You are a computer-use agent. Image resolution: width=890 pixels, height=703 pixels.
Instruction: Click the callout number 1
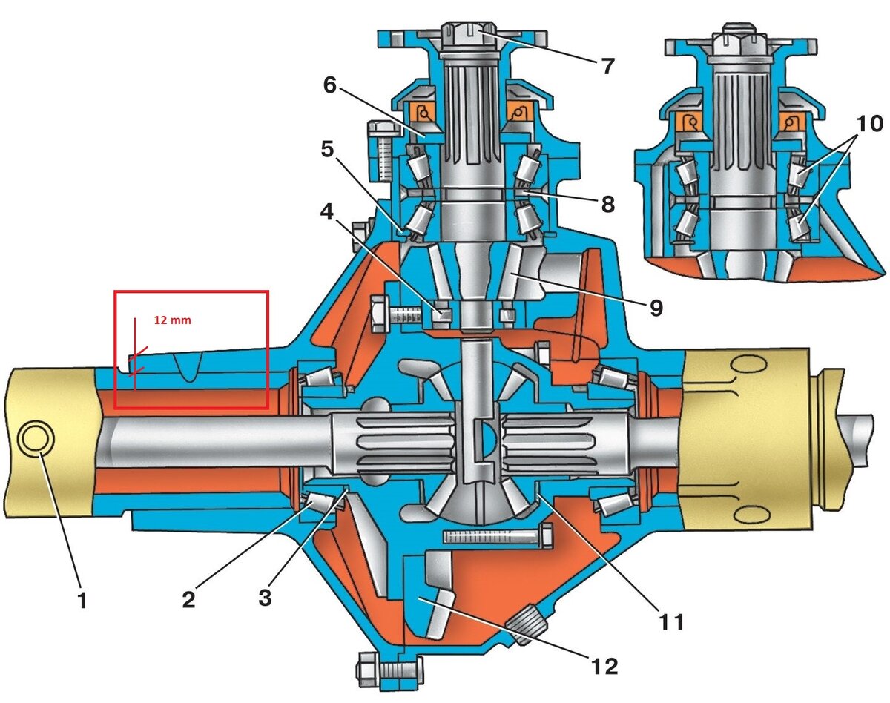pyautogui.click(x=83, y=600)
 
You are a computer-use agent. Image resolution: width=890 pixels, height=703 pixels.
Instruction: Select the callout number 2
pyautogui.click(x=189, y=599)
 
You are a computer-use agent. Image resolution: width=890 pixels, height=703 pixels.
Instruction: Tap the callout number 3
pyautogui.click(x=265, y=597)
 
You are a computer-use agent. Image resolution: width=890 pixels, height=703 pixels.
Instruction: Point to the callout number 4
pyautogui.click(x=327, y=212)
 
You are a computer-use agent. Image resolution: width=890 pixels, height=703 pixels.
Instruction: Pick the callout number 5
pyautogui.click(x=328, y=149)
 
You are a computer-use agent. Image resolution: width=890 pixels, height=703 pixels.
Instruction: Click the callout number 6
pyautogui.click(x=329, y=85)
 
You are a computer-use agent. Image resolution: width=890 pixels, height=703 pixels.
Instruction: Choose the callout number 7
pyautogui.click(x=607, y=66)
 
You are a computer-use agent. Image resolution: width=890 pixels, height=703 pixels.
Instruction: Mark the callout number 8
pyautogui.click(x=607, y=204)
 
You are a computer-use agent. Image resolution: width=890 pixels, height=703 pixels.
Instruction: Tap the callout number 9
pyautogui.click(x=656, y=308)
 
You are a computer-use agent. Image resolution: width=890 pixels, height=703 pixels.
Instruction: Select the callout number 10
pyautogui.click(x=870, y=124)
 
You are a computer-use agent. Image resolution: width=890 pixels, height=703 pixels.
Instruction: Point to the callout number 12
pyautogui.click(x=604, y=666)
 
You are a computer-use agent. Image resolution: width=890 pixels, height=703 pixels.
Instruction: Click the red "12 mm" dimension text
pyautogui.click(x=173, y=320)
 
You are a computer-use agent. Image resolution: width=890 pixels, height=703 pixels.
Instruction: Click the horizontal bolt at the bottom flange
pyautogui.click(x=389, y=668)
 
